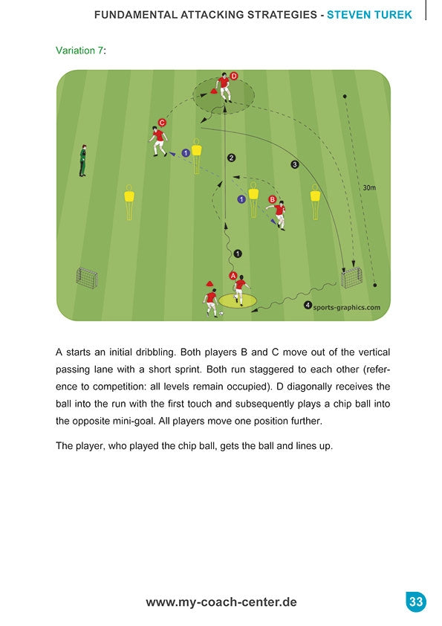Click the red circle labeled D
pos(234,76)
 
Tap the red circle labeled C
pos(162,123)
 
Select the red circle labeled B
pos(273,199)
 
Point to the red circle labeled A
pos(233,276)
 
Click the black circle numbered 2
pos(231,158)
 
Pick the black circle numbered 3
pos(295,164)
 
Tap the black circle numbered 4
pos(308,306)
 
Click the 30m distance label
pos(369,187)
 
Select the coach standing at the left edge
pos(82,161)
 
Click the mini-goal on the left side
pos(87,277)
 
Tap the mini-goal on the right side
pos(351,278)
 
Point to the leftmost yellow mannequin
pos(129,202)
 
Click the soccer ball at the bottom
pos(221,314)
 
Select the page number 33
pos(416,601)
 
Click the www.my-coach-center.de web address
pos(221,602)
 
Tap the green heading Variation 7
pos(79,51)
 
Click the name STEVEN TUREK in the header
pos(369,15)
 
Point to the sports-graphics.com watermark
pos(347,307)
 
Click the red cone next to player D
pos(214,91)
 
